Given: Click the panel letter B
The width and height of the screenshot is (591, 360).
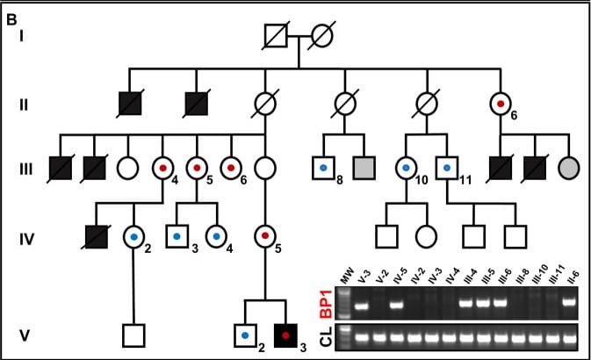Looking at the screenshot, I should click(12, 16).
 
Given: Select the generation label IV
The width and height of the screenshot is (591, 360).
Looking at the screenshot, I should click(27, 235).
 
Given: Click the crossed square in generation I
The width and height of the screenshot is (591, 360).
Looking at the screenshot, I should click(277, 36).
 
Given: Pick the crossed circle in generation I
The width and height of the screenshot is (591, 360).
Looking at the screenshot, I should click(322, 36).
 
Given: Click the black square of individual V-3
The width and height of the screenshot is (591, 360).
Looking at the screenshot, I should click(285, 334).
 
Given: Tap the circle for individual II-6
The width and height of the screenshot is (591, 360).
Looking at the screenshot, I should click(501, 104).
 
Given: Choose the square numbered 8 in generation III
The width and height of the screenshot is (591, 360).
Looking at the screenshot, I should click(323, 165).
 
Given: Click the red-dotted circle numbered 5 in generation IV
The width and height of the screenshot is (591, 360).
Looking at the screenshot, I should click(264, 235).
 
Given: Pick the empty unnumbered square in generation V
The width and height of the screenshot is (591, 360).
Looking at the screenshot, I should click(133, 334).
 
